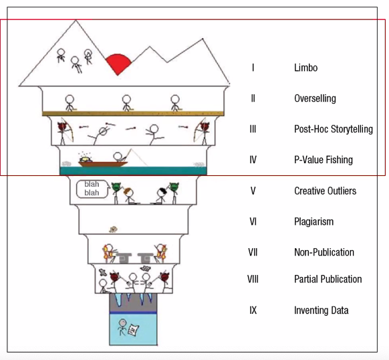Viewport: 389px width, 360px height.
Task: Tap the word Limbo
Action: pos(305,68)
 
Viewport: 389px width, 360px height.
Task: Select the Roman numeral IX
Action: pos(253,310)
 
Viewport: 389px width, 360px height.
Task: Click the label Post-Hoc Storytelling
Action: pos(334,129)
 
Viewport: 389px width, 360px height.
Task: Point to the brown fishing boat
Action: pos(103,164)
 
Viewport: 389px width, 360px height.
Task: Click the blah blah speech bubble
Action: pos(92,189)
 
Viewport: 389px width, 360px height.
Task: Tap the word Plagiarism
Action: pos(314,221)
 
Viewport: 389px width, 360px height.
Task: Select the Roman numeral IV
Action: pos(253,160)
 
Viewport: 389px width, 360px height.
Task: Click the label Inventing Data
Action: pos(321,310)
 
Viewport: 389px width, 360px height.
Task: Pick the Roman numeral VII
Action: pos(253,252)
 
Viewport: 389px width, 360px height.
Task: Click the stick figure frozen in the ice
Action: pos(122,327)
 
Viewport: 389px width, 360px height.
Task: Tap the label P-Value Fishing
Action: pos(323,160)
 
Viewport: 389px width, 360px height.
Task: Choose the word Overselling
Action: pos(315,98)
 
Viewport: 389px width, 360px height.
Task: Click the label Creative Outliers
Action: pos(326,191)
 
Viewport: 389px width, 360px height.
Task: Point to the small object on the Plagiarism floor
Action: pos(114,230)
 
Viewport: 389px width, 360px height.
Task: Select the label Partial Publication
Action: pos(328,279)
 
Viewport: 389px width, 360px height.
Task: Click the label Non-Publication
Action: pos(324,252)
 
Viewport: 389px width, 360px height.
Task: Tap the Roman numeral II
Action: pos(253,98)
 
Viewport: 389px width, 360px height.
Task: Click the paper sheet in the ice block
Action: pos(133,330)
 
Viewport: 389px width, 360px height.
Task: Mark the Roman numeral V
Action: pos(253,191)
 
